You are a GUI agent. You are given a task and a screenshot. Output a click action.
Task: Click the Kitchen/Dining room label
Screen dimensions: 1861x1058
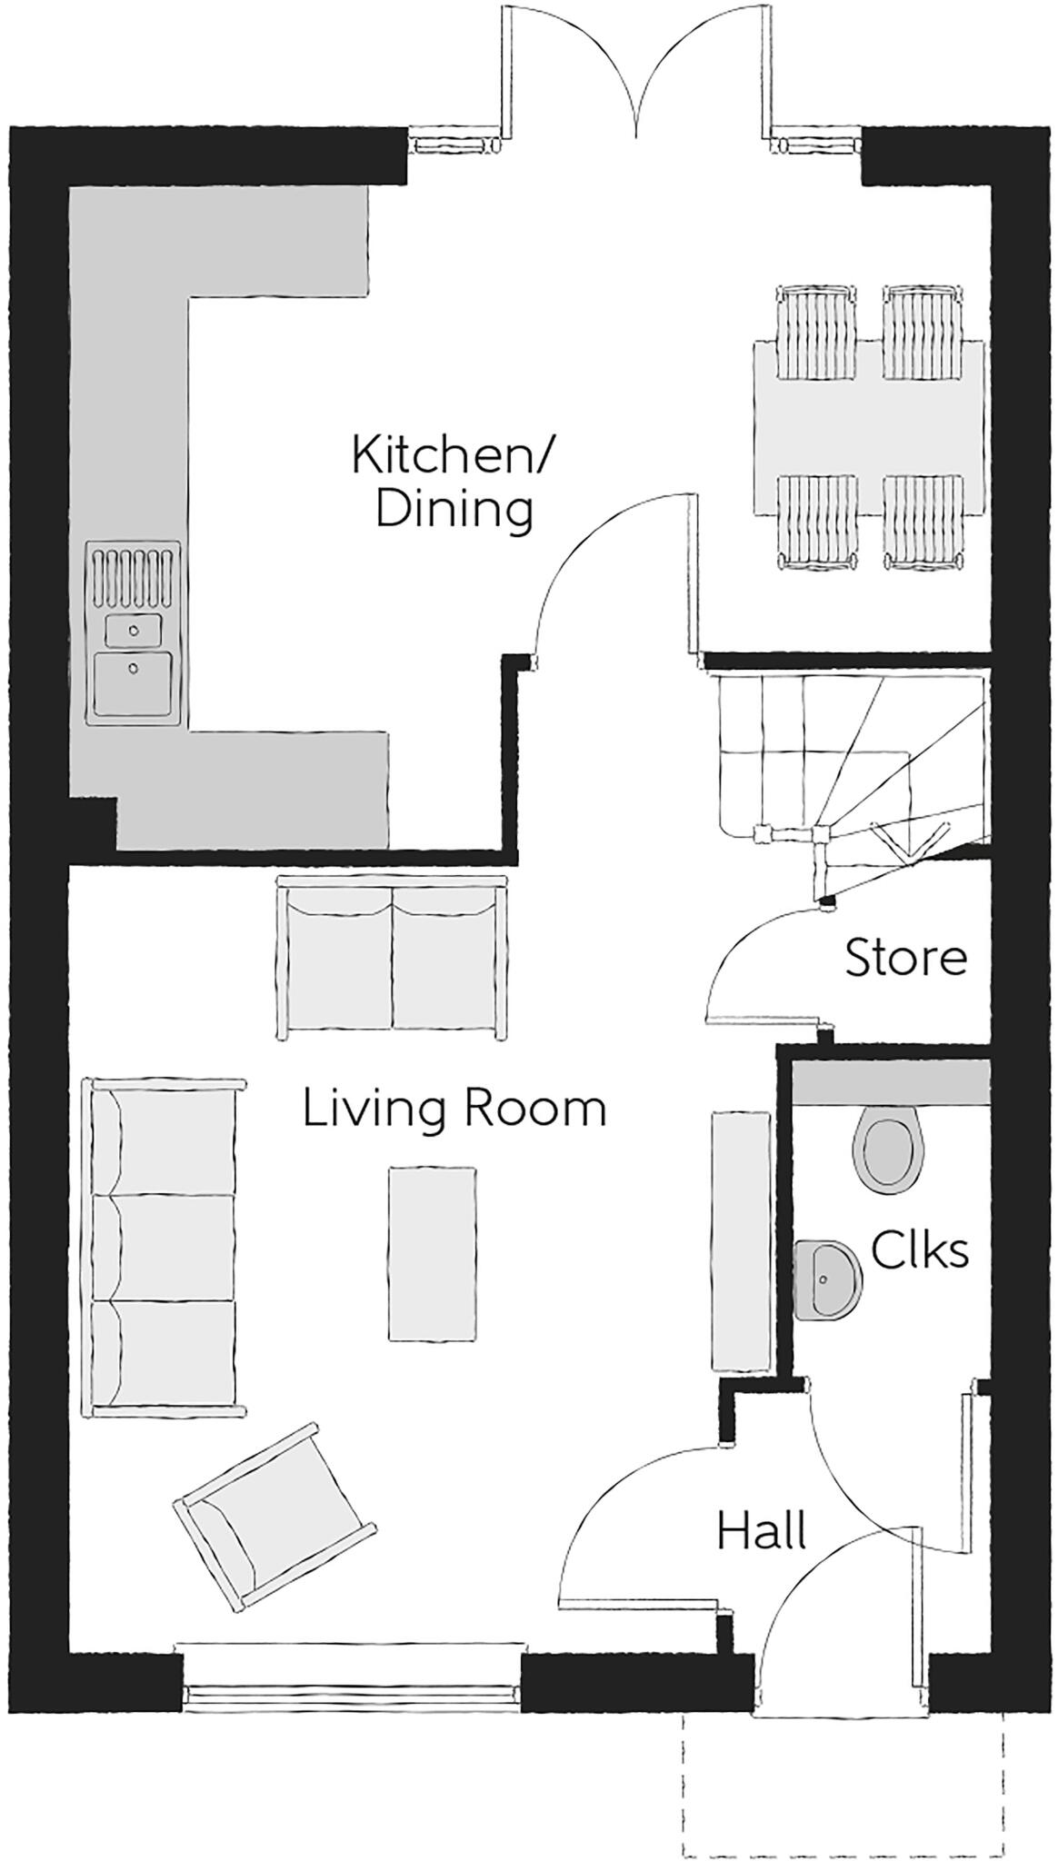coord(453,482)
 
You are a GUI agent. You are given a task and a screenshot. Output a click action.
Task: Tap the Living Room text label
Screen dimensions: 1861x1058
coord(454,1110)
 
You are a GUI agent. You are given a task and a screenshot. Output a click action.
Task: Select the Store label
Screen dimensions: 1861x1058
coord(905,959)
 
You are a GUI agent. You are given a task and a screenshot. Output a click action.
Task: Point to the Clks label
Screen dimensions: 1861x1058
coord(919,1251)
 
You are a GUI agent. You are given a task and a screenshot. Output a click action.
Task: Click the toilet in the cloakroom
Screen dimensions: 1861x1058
coord(886,1147)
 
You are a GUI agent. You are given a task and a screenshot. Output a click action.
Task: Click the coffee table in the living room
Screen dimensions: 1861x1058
coord(432,1253)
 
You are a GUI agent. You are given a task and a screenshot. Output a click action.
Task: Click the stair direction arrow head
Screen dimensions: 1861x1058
coord(903,843)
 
